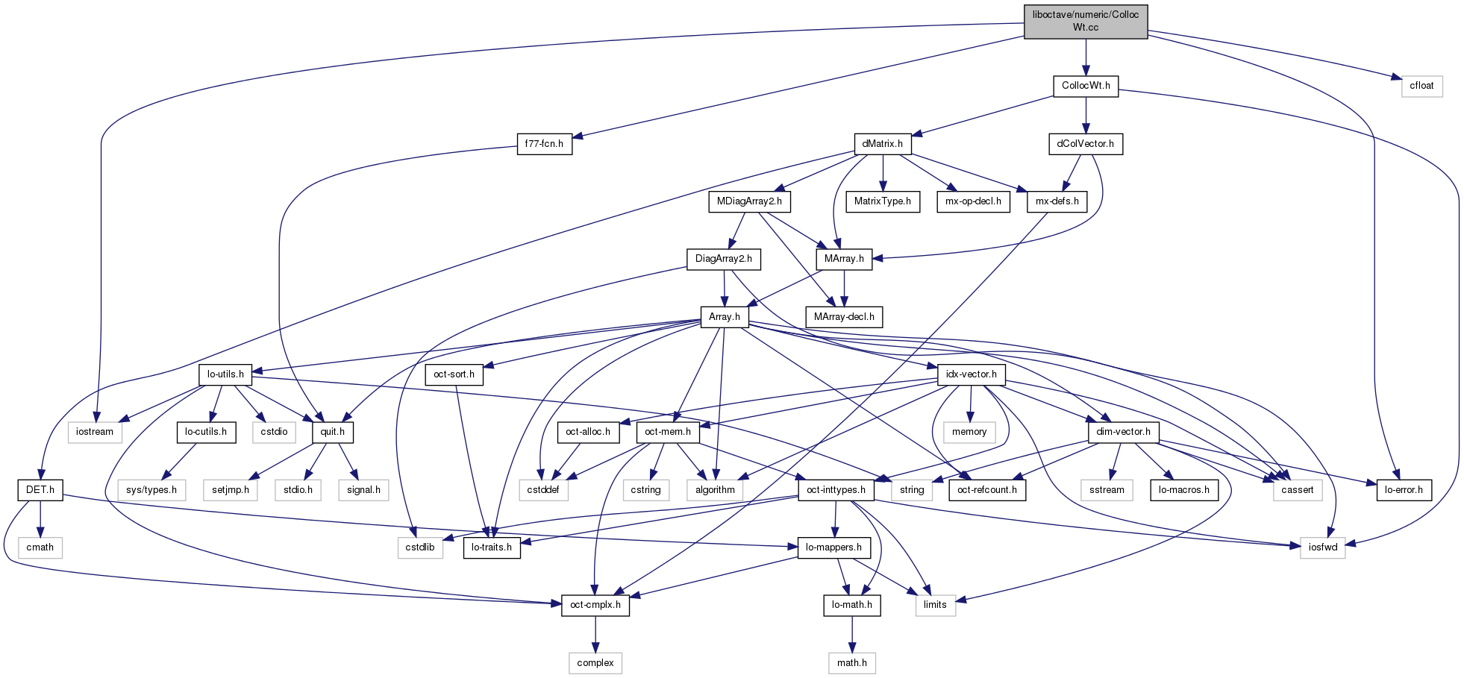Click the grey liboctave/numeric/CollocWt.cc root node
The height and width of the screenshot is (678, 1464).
coord(1086,22)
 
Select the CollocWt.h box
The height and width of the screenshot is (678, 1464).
coord(1086,86)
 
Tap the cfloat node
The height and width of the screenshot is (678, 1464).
coord(1421,86)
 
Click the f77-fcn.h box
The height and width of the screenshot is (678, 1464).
coord(545,144)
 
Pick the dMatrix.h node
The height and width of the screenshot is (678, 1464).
coord(882,144)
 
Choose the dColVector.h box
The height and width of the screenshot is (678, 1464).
coord(1085,144)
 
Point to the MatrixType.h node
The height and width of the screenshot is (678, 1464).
coord(883,201)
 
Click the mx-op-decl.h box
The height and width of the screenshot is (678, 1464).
coord(973,201)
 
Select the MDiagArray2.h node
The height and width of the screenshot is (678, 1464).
coord(749,201)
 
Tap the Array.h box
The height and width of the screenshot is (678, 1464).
coord(724,317)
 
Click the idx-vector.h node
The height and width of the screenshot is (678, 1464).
coord(971,374)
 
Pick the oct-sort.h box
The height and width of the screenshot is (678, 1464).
coord(454,374)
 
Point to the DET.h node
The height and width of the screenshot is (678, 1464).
coord(40,490)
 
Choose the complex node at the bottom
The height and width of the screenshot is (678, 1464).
coord(595,663)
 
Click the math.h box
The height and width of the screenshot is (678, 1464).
coord(851,663)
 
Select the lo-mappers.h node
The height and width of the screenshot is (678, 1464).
coord(833,547)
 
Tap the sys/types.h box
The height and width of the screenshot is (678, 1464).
coord(151,490)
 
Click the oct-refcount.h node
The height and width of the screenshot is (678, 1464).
coord(986,490)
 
